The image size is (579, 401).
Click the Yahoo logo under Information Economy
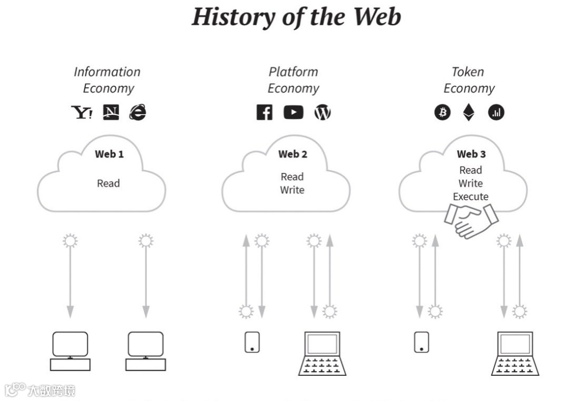pyautogui.click(x=81, y=112)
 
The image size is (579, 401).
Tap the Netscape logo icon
pyautogui.click(x=111, y=112)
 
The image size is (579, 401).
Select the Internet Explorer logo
pyautogui.click(x=137, y=112)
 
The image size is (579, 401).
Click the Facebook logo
pyautogui.click(x=264, y=112)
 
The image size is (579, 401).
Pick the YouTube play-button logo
pyautogui.click(x=293, y=112)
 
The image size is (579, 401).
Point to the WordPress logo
pyautogui.click(x=322, y=112)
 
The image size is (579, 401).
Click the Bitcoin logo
pyautogui.click(x=442, y=112)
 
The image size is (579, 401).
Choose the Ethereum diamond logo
pyautogui.click(x=469, y=112)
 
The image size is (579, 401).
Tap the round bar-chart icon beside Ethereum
pyautogui.click(x=496, y=112)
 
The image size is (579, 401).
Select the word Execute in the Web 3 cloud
pyautogui.click(x=471, y=196)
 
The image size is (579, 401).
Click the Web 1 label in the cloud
pyautogui.click(x=109, y=154)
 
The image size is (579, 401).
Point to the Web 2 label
pyautogui.click(x=293, y=154)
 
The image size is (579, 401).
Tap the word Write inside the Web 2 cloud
pyautogui.click(x=292, y=190)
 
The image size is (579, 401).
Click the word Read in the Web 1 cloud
pyautogui.click(x=108, y=183)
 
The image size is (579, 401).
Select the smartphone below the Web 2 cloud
pyautogui.click(x=252, y=342)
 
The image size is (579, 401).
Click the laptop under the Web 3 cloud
pyautogui.click(x=515, y=353)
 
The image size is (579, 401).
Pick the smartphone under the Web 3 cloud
pyautogui.click(x=421, y=342)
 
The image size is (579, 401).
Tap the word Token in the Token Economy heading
pyautogui.click(x=468, y=72)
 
